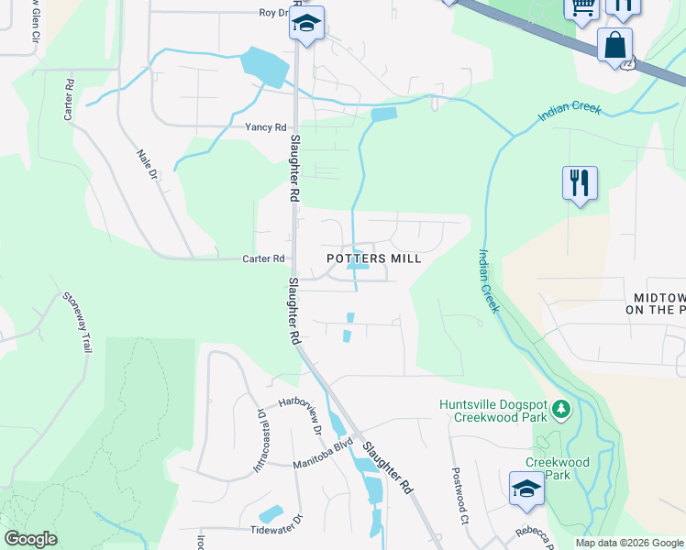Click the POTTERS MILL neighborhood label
point(374,259)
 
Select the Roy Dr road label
point(273,13)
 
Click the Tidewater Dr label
point(277,530)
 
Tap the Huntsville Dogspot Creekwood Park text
point(492,410)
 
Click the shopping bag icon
point(614,44)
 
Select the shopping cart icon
point(581,7)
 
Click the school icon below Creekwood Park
point(527,489)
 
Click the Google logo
point(30,539)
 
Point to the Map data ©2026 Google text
point(629,543)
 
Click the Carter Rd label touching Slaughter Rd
point(263,259)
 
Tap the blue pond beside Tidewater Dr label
point(271,515)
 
